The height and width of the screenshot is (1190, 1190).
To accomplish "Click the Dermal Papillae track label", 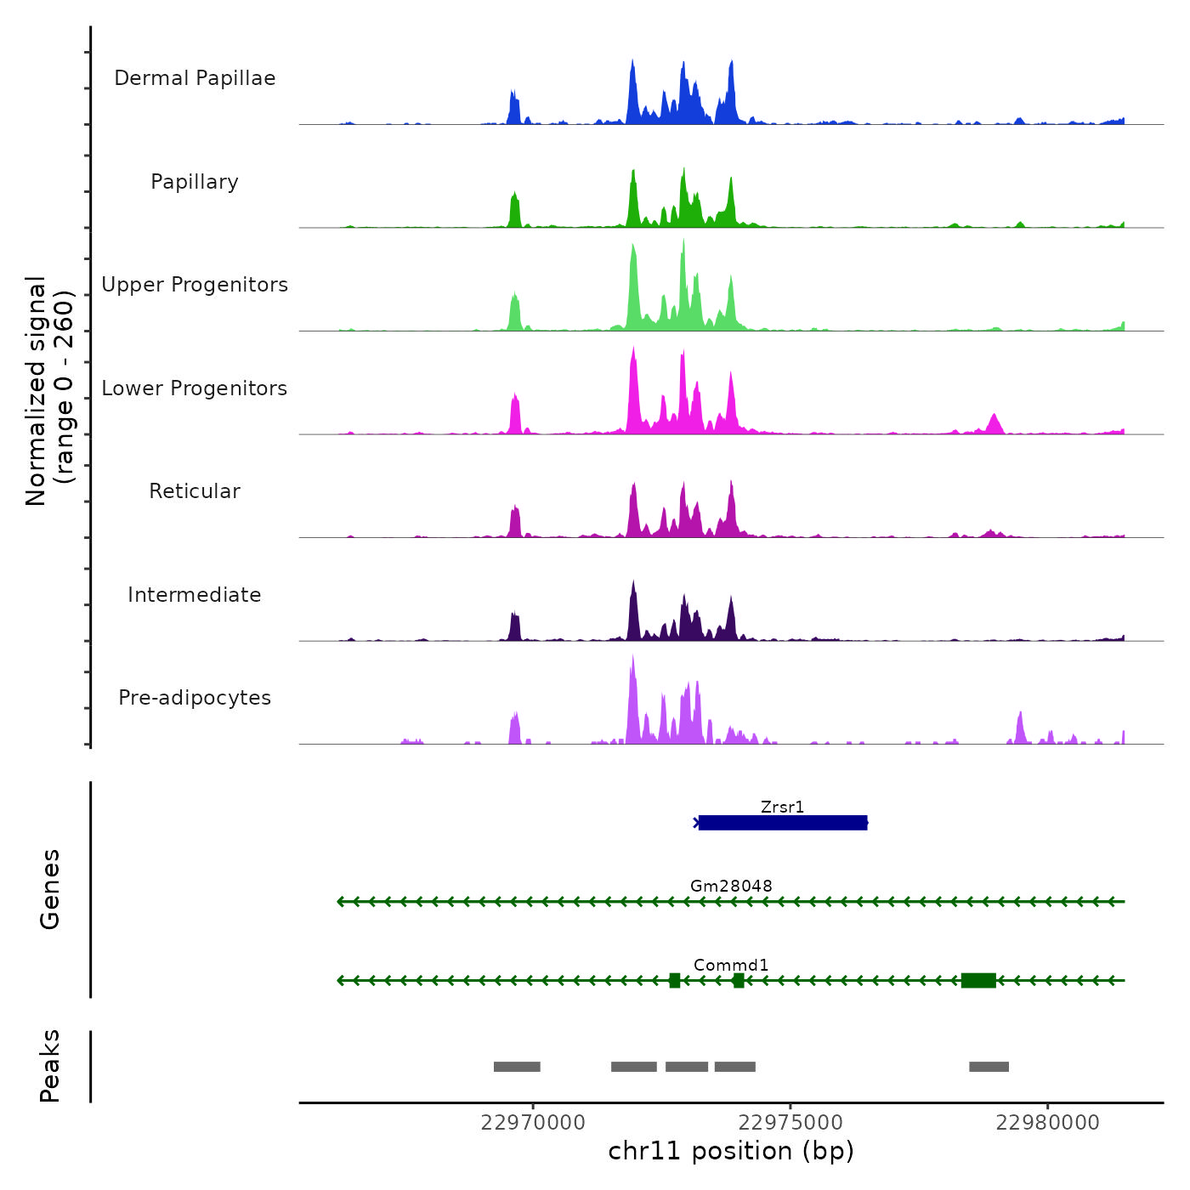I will click(195, 78).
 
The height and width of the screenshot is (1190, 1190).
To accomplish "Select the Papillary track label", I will click(195, 182).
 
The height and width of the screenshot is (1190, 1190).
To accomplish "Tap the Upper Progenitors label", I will click(195, 285).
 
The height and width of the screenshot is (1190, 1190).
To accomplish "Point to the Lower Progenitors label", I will click(195, 388).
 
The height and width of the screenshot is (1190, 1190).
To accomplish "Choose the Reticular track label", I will click(195, 491).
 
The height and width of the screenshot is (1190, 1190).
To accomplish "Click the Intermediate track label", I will click(195, 595).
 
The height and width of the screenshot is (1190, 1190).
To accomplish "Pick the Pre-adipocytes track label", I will click(195, 698).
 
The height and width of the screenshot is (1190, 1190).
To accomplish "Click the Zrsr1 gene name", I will click(782, 807).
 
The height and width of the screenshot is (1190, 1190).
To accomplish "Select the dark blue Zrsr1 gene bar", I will click(782, 823).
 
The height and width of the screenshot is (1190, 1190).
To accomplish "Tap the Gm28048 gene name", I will click(731, 886).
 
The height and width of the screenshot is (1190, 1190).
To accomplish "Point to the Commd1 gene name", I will click(731, 965).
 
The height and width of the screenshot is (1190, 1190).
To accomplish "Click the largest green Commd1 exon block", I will click(978, 980).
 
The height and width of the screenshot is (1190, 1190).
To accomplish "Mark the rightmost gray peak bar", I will click(989, 1067).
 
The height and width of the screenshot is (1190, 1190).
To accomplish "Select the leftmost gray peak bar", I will click(517, 1067).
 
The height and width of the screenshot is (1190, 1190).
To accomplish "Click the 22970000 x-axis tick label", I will click(533, 1122).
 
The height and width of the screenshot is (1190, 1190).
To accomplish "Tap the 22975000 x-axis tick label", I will click(790, 1122).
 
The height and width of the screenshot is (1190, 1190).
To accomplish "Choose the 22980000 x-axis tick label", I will click(1047, 1122).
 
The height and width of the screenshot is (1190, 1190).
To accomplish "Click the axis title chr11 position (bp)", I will click(731, 1151).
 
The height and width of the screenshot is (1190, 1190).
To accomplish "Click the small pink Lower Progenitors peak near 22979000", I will click(994, 423).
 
